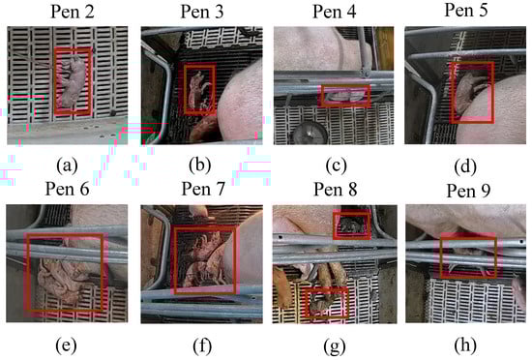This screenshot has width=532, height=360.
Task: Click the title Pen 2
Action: (x=73, y=12)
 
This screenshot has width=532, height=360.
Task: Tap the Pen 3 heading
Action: (x=202, y=12)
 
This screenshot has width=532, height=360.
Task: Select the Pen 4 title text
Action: (x=335, y=12)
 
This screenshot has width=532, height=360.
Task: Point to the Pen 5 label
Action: (x=466, y=11)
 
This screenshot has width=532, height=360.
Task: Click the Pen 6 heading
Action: (x=67, y=189)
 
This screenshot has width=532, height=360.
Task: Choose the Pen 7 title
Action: (x=203, y=189)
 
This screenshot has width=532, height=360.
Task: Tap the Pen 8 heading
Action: (x=336, y=189)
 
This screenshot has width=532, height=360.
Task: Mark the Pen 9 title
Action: (x=468, y=191)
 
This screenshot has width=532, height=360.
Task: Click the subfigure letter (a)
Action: (x=67, y=165)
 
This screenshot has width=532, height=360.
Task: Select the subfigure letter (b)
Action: (x=200, y=165)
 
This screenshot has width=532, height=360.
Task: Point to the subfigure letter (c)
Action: (x=337, y=165)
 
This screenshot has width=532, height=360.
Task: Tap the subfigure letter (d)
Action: (x=465, y=166)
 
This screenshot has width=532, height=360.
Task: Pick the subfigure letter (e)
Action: (x=66, y=345)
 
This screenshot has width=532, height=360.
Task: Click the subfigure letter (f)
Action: (x=202, y=346)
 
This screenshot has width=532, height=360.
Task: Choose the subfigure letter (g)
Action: (x=335, y=346)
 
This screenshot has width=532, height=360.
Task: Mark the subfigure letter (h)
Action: (x=465, y=345)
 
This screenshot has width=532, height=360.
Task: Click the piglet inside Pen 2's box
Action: (x=74, y=81)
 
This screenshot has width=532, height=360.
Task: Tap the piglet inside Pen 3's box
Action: (x=198, y=90)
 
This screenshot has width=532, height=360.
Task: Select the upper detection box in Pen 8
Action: (x=352, y=225)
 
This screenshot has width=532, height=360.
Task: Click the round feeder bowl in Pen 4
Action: (x=310, y=133)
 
